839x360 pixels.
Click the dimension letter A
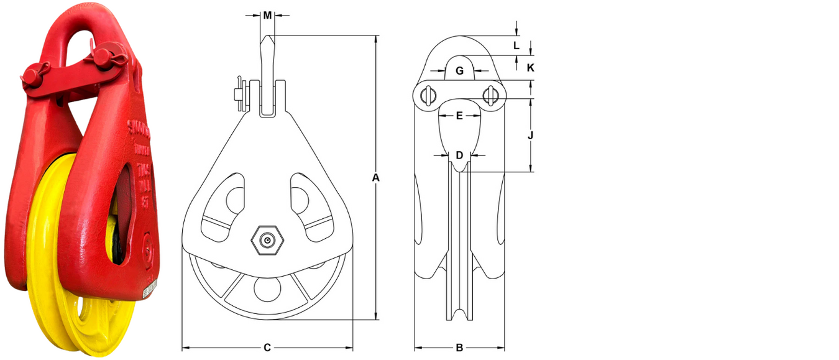pos(375,178)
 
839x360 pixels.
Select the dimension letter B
pos(459,348)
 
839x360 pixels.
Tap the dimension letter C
pos(267,348)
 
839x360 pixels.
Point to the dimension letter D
pos(459,155)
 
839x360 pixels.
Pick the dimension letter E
pos(459,116)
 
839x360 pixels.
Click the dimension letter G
pos(459,71)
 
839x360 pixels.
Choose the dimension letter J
pos(530,134)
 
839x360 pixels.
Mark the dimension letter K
pos(530,67)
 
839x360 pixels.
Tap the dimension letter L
pos(516,45)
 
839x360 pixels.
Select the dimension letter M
pos(267,16)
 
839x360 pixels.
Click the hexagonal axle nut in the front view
pos(267,241)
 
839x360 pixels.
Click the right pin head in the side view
pos(490,95)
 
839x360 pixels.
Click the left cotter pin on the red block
pos(36,75)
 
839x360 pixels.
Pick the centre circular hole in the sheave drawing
pos(267,290)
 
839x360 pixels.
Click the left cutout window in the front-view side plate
pos(224,205)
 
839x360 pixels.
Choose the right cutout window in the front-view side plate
pos(310,205)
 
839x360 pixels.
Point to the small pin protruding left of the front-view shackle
pos(238,93)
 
